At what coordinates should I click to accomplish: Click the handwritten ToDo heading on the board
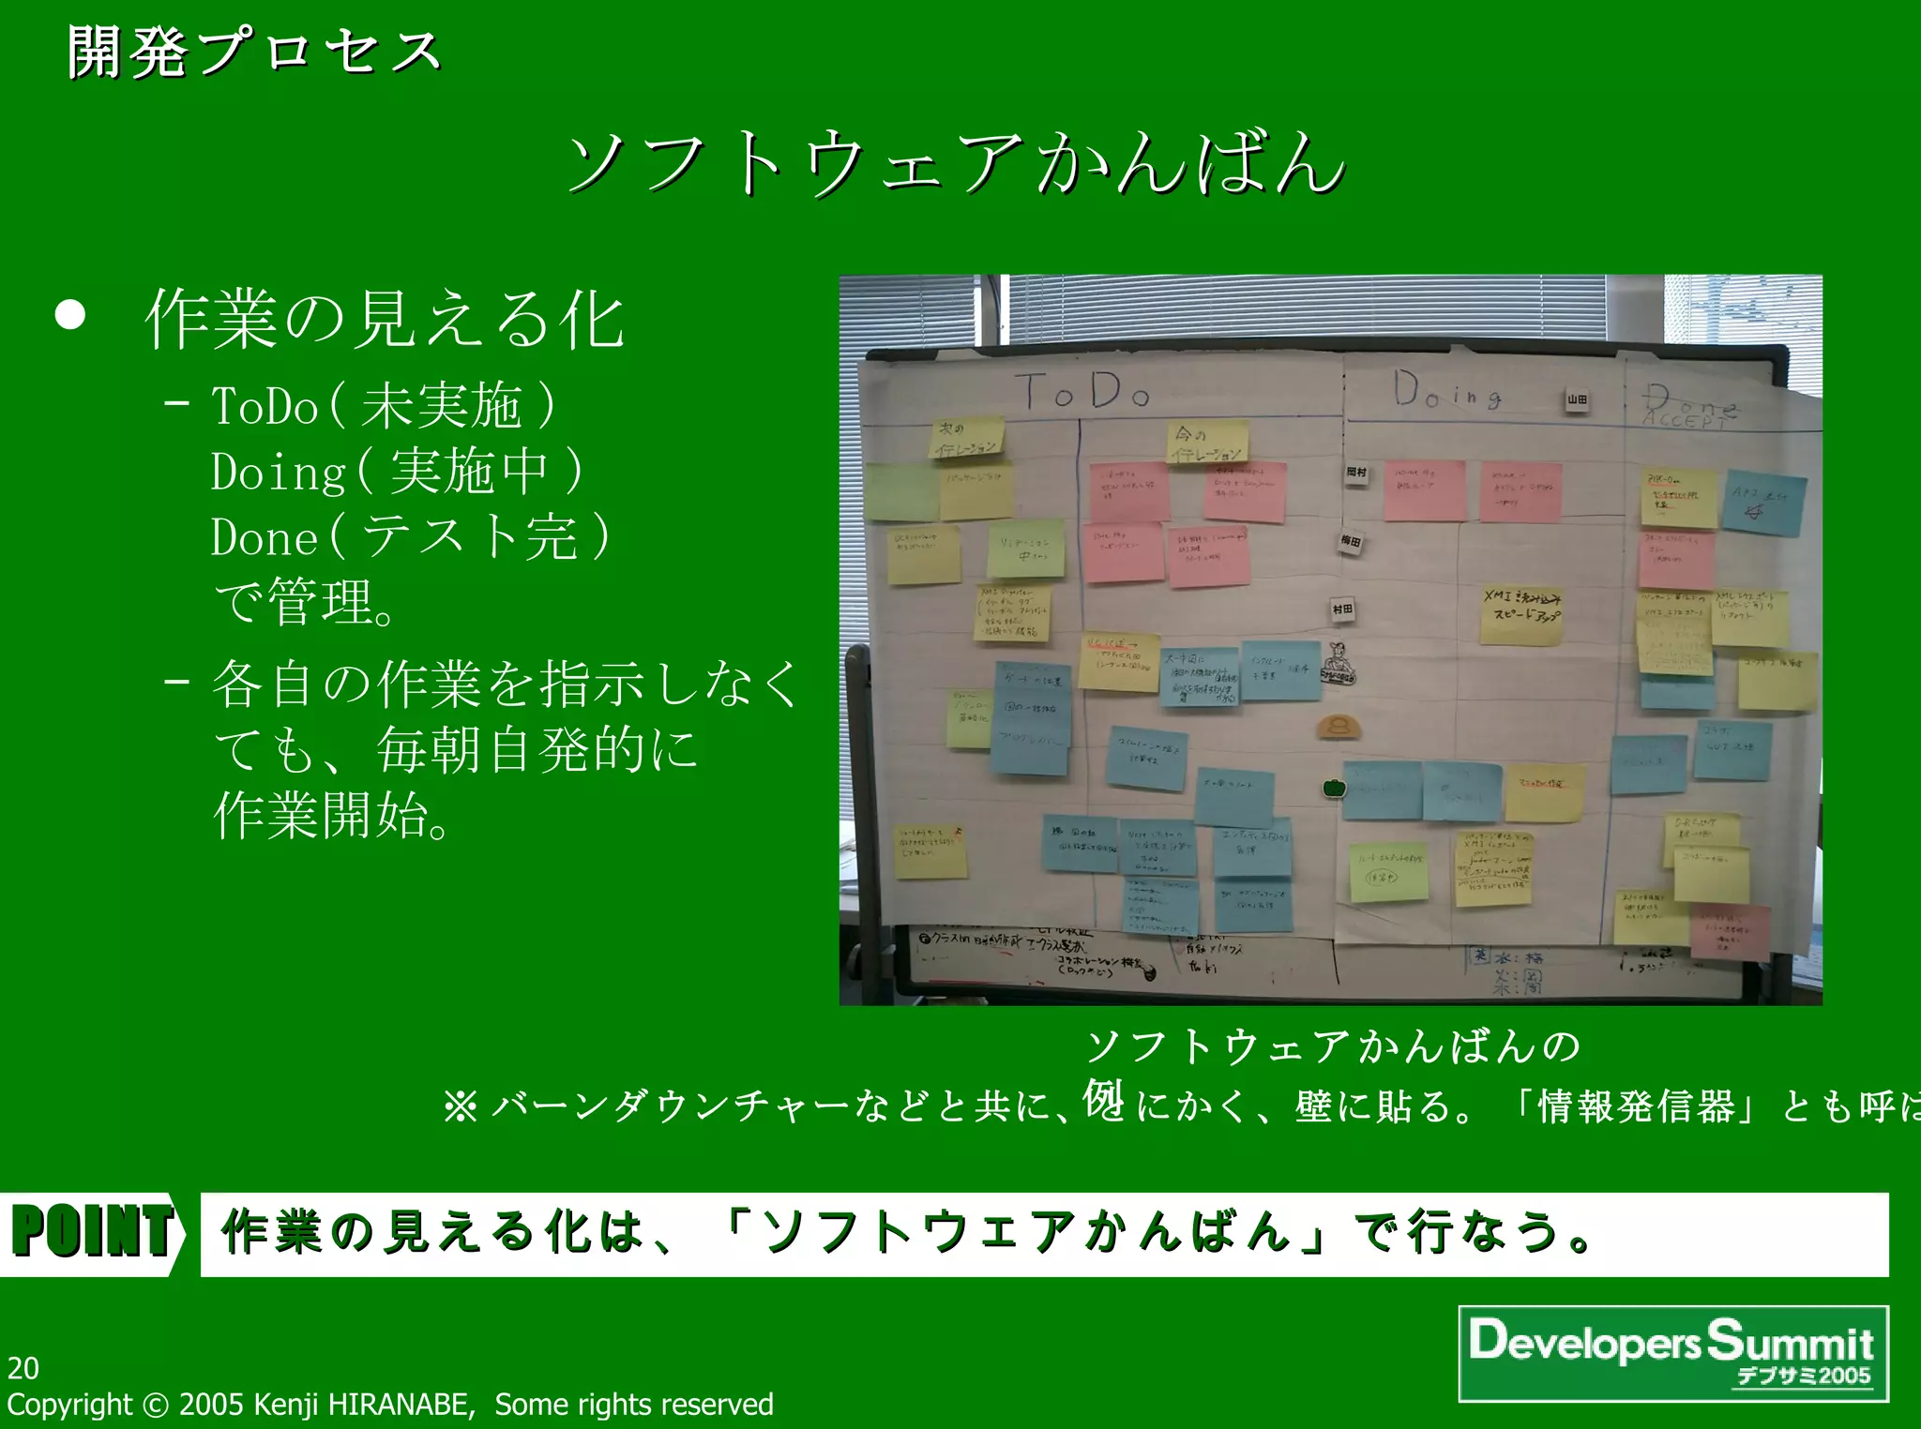1083,392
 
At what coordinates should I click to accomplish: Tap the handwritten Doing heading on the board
1446,391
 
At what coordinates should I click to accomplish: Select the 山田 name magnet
1577,400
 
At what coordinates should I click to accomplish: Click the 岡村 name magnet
1356,474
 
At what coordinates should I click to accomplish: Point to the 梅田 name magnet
1350,542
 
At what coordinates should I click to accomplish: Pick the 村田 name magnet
1342,610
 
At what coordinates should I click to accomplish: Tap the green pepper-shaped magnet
1334,788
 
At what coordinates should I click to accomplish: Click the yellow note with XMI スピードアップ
1521,615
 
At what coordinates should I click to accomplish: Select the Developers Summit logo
1673,1352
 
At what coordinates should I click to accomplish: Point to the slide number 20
23,1368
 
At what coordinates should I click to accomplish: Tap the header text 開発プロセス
253,53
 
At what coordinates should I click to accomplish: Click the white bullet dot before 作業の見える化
70,316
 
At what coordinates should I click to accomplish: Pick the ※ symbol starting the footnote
461,1107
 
